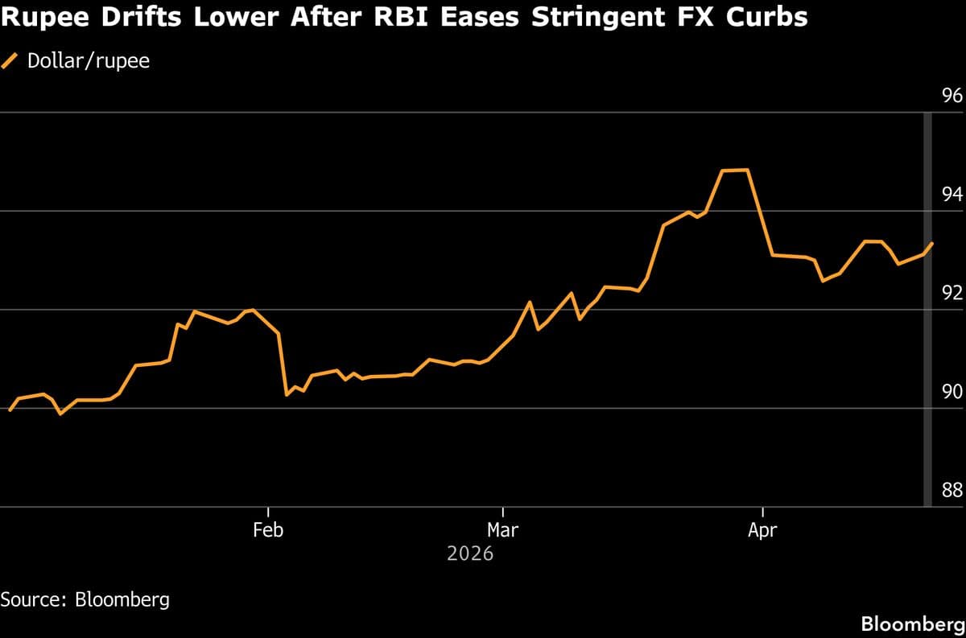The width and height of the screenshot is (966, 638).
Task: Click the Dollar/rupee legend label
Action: tap(89, 60)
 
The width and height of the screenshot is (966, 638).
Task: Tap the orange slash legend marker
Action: tap(11, 60)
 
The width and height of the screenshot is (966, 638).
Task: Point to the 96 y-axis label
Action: tap(952, 96)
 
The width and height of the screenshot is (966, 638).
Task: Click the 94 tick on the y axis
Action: tap(952, 194)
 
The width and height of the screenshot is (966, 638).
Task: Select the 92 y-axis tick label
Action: tap(952, 293)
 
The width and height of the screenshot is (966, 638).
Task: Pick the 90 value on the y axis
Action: tap(952, 392)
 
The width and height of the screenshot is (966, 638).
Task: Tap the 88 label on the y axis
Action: tap(952, 490)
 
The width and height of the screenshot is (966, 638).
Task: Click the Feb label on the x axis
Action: tap(267, 530)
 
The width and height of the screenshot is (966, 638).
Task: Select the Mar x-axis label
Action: tap(502, 530)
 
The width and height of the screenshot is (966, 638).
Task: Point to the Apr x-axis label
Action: tap(762, 530)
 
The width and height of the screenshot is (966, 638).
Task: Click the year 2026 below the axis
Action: tap(470, 554)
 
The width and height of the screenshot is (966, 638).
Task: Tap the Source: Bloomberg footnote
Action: tap(85, 599)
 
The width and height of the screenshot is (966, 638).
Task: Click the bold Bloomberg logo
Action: tap(912, 624)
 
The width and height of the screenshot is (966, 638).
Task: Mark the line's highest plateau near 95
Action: tap(735, 170)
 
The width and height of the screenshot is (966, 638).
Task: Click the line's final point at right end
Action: tap(932, 242)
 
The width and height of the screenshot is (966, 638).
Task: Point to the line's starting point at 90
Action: tap(10, 410)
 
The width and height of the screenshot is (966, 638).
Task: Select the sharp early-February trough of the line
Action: tap(287, 394)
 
